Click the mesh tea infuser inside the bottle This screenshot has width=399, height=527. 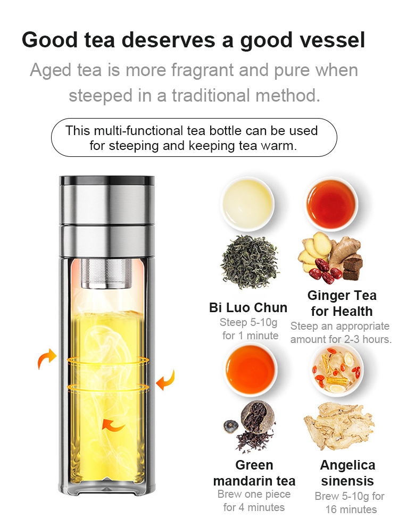coord(106,273)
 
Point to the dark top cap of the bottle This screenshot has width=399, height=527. coord(107,180)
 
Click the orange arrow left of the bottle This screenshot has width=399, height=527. coord(47,358)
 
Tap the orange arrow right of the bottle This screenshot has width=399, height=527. coord(165,380)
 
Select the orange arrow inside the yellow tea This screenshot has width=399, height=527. coord(113,425)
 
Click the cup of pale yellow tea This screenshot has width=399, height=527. coord(247,203)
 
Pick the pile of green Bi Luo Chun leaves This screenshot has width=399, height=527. coord(250,262)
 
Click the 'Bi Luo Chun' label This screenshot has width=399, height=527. coord(248,307)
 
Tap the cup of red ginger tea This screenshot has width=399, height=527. coord(331,204)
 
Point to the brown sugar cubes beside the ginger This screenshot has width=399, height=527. coord(353,267)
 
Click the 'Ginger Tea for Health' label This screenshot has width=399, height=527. coord(342,303)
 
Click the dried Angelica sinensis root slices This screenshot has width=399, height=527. coord(338,425)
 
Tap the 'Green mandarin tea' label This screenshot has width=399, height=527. coord(254,473)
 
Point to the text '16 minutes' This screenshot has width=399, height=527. coord(351,509)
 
